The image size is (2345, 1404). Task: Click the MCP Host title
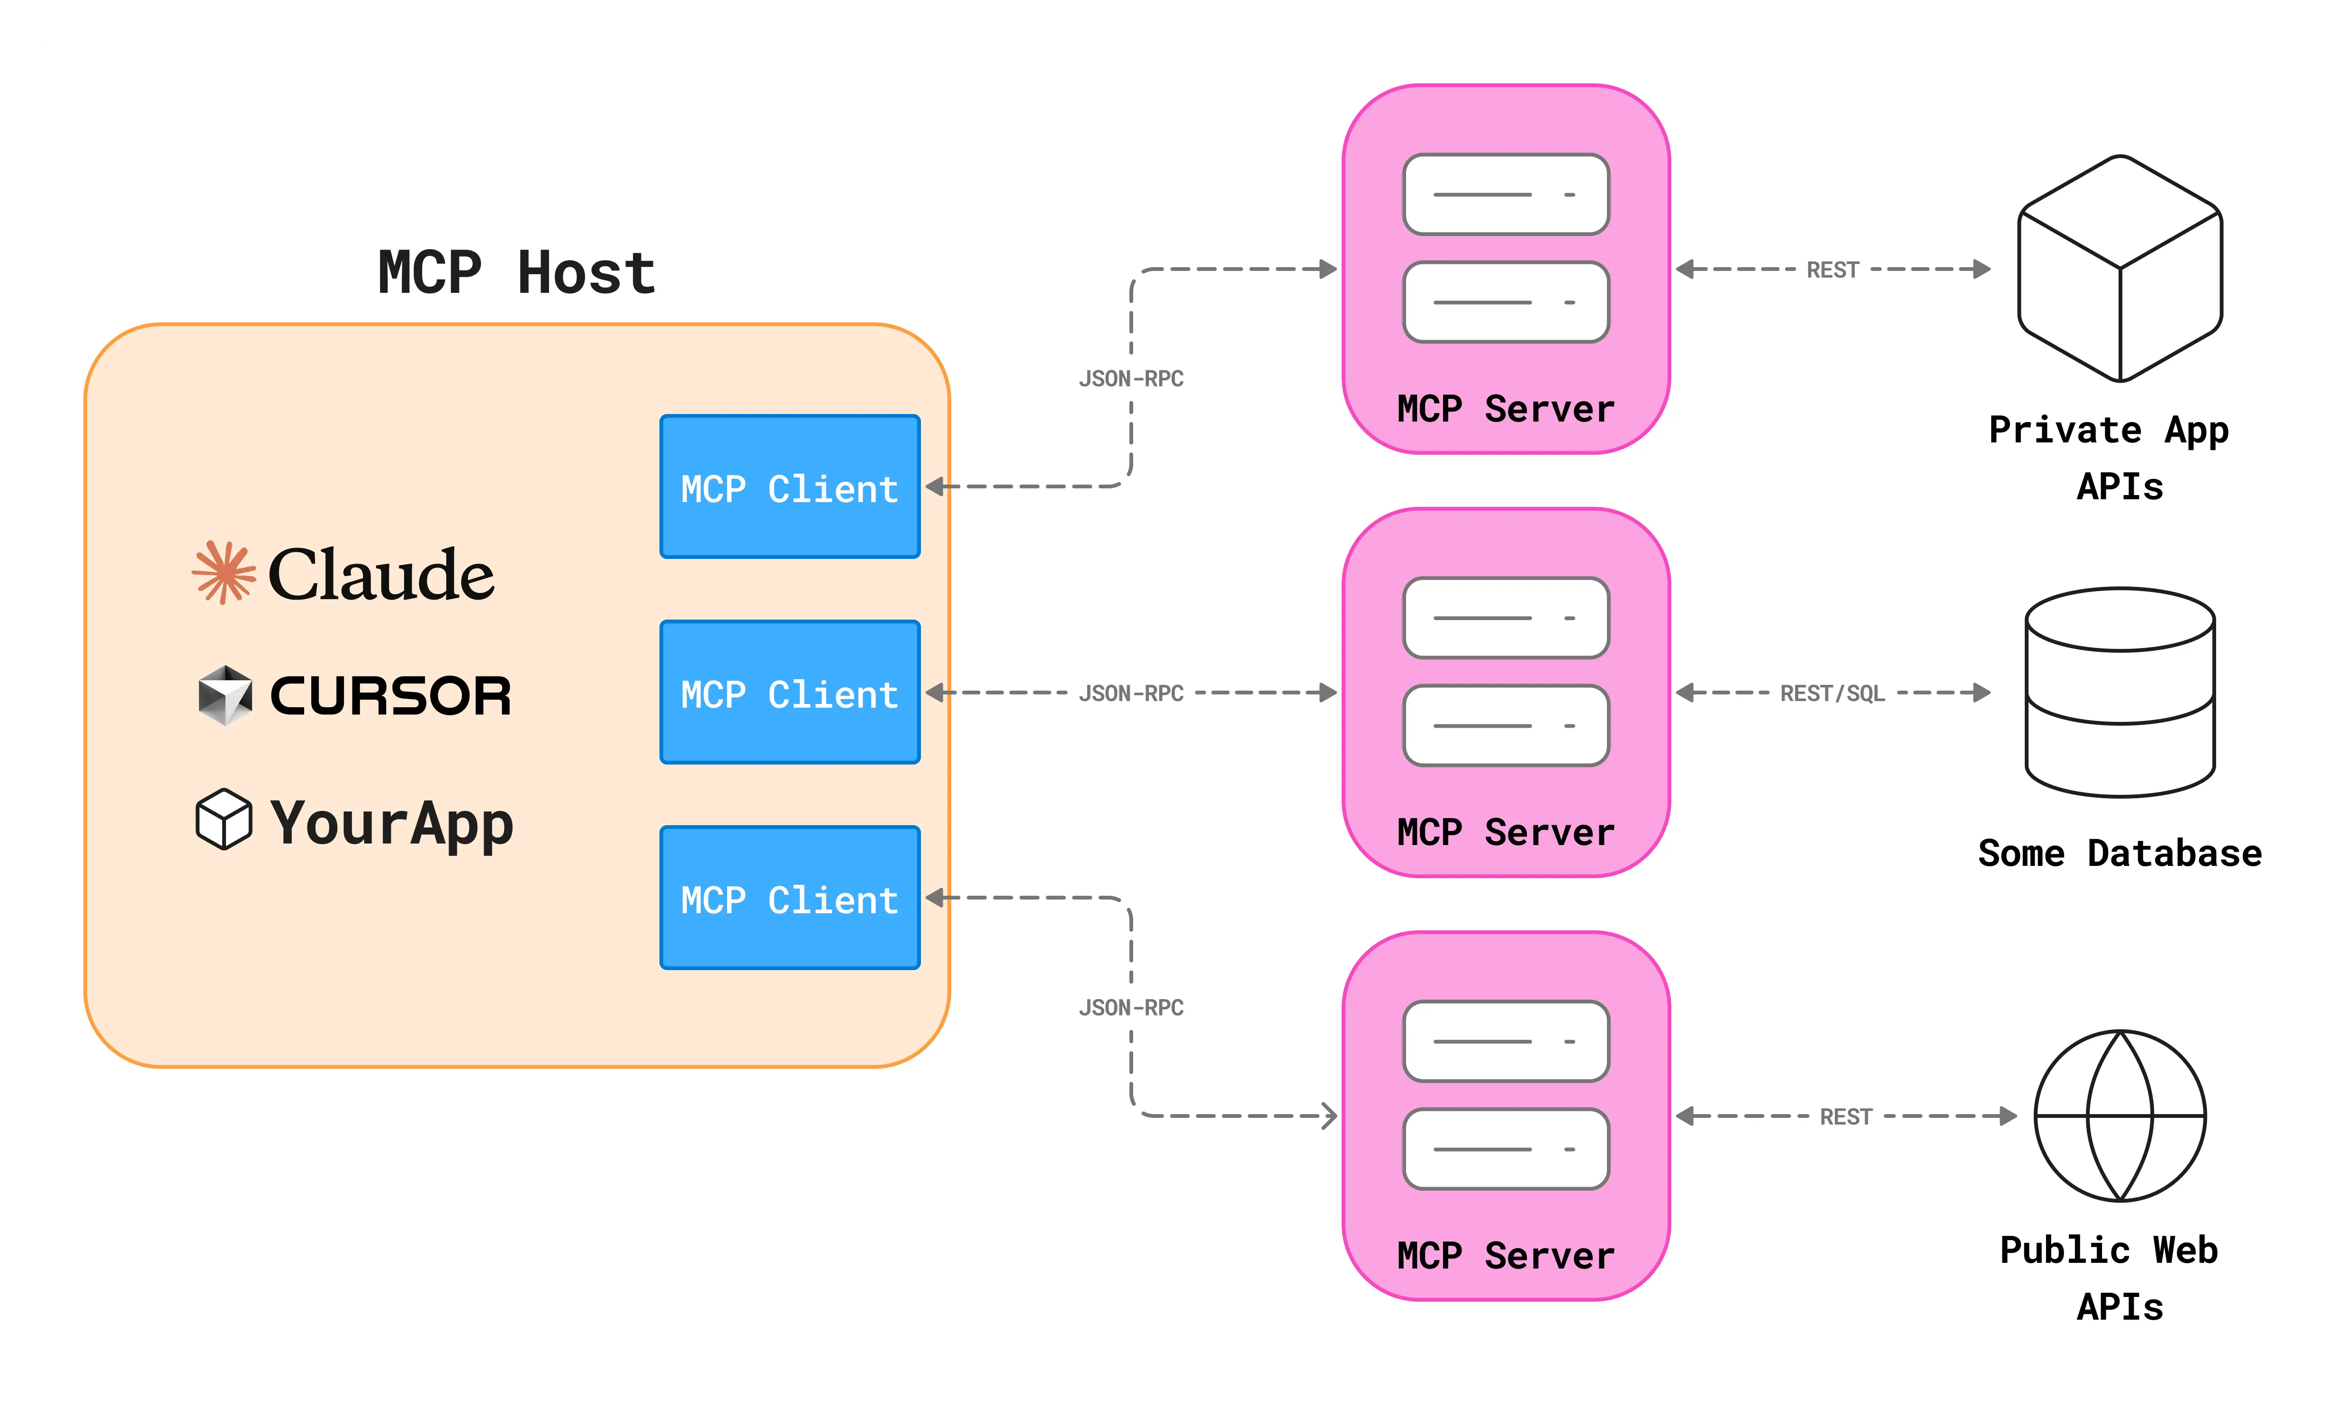(516, 273)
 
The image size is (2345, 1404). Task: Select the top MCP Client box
(790, 487)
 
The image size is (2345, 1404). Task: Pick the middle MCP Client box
(790, 693)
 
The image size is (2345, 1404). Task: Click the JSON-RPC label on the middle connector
(1131, 693)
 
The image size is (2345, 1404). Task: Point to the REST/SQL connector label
(1832, 693)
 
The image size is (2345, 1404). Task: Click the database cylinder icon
(2120, 693)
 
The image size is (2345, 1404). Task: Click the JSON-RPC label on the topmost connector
(1131, 378)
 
